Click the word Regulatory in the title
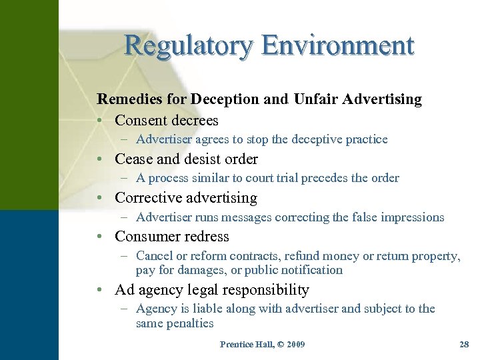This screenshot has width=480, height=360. (x=189, y=46)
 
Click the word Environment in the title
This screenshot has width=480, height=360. (x=338, y=45)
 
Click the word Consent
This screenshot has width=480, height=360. (x=141, y=121)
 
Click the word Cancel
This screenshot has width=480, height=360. (x=154, y=256)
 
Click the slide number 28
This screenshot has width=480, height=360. (x=464, y=345)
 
